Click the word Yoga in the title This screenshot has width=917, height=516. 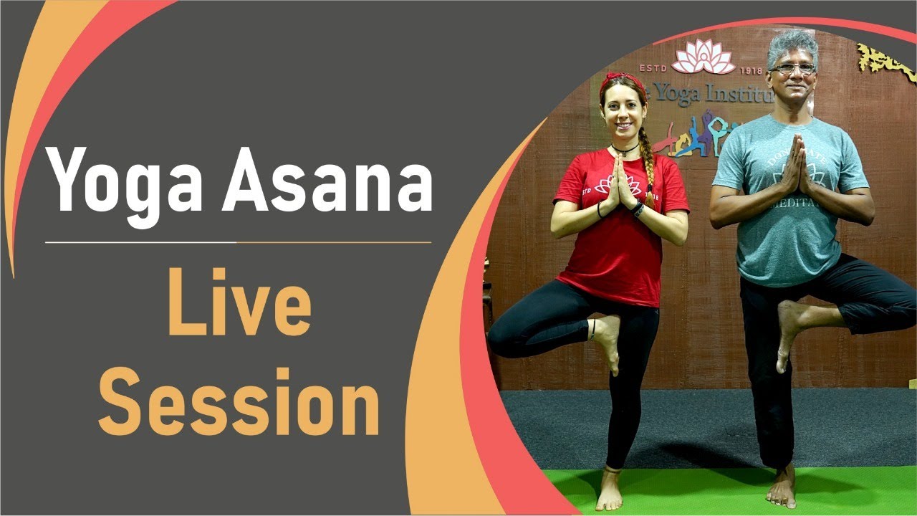click(125, 179)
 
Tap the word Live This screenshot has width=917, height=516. click(240, 304)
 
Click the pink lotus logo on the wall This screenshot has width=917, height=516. click(704, 57)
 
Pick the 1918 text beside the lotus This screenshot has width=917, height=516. click(749, 70)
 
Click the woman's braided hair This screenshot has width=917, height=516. click(648, 165)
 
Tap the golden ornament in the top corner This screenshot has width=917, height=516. click(885, 62)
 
